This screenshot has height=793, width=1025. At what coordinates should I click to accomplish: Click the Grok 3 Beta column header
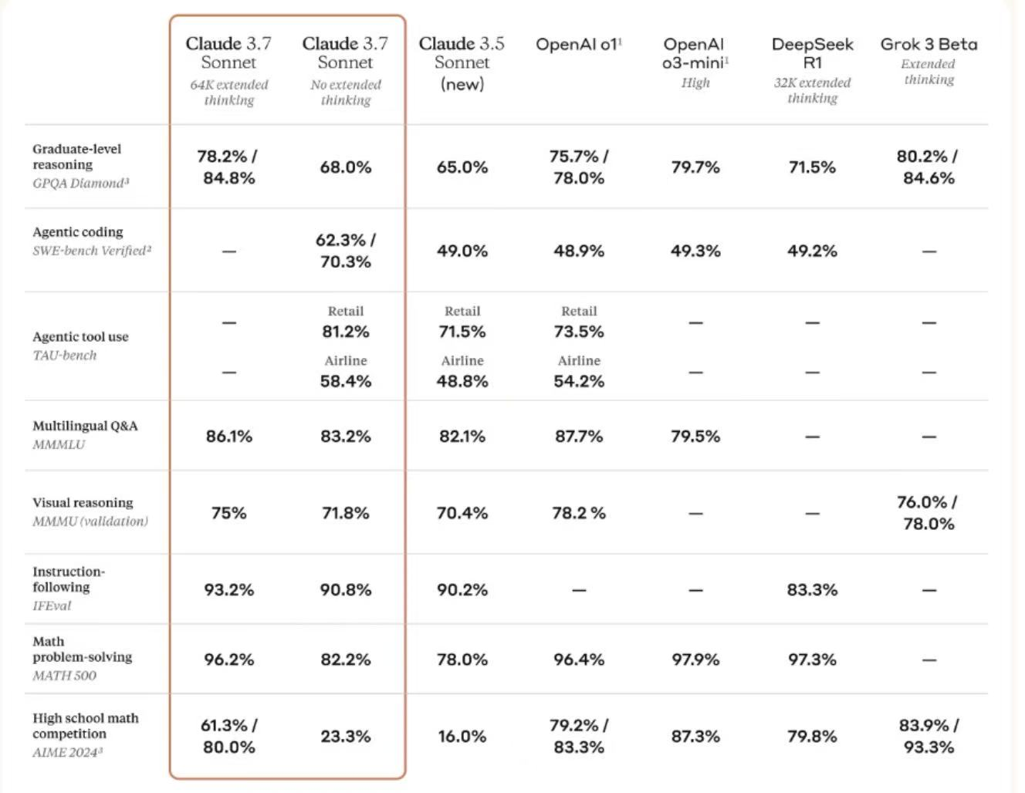coord(929,45)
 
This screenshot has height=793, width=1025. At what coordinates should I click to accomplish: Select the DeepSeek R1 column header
coord(812,53)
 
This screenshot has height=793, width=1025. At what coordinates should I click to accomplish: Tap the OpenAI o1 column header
coord(579,45)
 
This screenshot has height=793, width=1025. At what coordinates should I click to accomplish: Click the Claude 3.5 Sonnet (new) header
coord(462,62)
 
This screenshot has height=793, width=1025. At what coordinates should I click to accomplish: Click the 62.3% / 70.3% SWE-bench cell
coord(345,251)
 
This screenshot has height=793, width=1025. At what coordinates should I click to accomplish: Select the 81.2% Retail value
coord(345,332)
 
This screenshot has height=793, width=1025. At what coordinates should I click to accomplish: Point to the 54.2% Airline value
coord(579,381)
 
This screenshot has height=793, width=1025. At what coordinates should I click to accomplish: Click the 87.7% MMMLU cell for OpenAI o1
coord(579,437)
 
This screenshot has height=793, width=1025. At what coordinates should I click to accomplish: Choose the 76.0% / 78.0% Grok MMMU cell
coord(928,513)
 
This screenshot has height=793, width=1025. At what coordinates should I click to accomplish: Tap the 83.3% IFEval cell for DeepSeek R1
coord(812,590)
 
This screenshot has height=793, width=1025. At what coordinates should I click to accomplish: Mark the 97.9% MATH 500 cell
coord(695,660)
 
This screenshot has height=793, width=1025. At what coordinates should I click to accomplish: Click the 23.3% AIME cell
coord(345,737)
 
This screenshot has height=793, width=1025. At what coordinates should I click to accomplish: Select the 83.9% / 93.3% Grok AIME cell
coord(928,736)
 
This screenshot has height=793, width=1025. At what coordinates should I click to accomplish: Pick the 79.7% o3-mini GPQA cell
coord(695,167)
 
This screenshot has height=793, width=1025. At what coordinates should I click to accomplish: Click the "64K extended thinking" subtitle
coord(228,93)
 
